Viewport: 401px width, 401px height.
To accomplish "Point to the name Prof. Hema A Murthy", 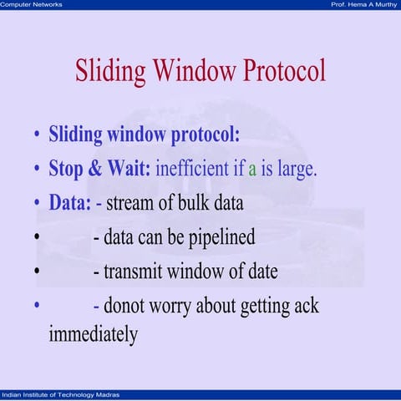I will click(x=363, y=5).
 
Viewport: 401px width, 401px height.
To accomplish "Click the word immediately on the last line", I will click(x=93, y=336).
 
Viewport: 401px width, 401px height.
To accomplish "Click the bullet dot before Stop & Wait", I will click(x=37, y=170).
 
